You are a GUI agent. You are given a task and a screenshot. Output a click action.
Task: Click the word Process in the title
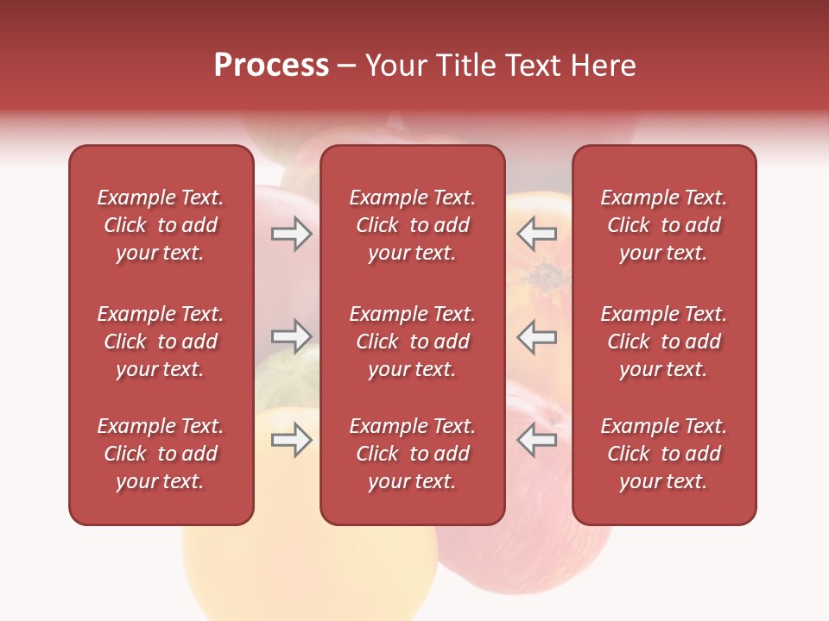pos(271,66)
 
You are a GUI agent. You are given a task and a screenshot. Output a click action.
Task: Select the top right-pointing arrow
pos(291,234)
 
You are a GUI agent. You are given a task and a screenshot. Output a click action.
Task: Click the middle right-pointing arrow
pos(291,336)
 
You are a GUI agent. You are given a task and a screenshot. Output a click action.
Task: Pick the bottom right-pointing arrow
pos(291,440)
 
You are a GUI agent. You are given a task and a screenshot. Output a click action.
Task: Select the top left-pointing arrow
pos(536,234)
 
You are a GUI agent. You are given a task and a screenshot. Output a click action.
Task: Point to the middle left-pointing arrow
pos(536,336)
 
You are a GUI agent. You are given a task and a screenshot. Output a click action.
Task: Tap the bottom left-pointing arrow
pos(536,440)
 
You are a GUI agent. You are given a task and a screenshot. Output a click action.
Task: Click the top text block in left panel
pos(161,225)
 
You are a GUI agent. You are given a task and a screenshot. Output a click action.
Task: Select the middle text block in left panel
pos(161,342)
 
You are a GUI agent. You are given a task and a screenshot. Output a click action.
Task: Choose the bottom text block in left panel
pos(161,454)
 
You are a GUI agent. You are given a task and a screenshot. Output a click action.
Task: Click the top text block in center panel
pos(412,225)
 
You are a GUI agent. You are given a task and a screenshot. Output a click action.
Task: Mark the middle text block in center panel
pos(412,342)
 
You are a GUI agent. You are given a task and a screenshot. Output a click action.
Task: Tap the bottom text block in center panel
pos(412,454)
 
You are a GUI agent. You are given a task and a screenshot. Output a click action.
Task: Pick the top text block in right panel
pos(663,225)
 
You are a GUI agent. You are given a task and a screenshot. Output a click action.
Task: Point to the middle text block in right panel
pos(663,342)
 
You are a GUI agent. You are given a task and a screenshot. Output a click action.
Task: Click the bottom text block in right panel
pos(663,454)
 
